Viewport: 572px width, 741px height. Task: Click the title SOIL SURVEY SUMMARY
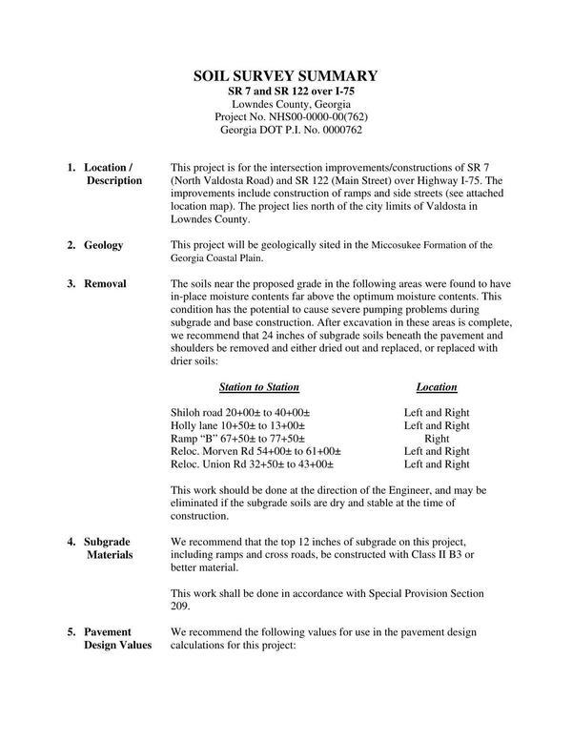click(x=286, y=75)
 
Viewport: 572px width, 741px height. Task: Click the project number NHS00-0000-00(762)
click(x=311, y=116)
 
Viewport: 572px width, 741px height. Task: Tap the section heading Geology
click(x=104, y=245)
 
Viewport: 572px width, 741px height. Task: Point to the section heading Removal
click(x=105, y=283)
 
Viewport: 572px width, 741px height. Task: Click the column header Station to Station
click(x=259, y=387)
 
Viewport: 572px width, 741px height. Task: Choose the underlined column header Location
click(x=437, y=387)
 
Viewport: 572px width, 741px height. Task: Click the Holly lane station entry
click(x=236, y=425)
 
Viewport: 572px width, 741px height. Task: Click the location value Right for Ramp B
click(x=437, y=438)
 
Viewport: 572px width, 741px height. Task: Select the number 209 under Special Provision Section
click(x=180, y=606)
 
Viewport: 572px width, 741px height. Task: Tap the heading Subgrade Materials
click(x=108, y=547)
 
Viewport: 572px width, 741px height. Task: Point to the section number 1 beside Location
click(x=71, y=167)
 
